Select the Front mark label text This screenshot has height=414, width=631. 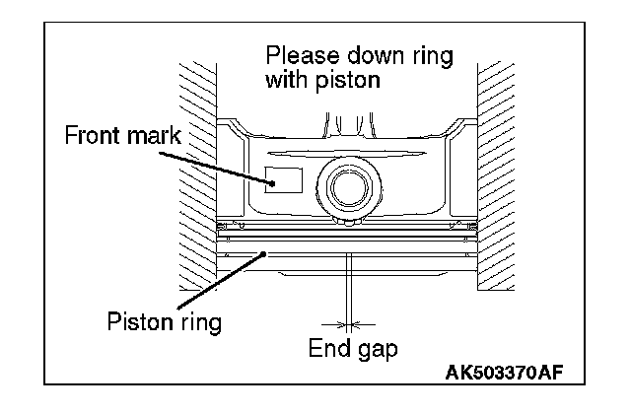click(x=123, y=135)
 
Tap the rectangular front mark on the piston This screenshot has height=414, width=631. click(x=284, y=179)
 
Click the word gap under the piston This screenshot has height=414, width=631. click(x=381, y=349)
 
